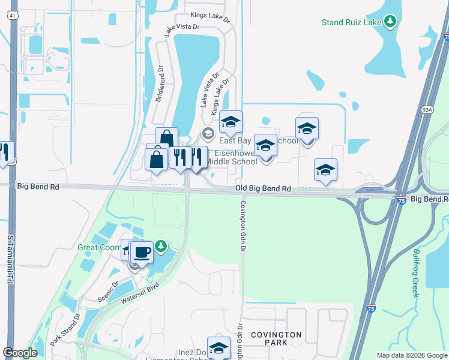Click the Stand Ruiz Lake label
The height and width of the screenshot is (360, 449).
tap(352, 23)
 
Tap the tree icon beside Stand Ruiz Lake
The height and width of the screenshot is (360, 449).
tap(391, 22)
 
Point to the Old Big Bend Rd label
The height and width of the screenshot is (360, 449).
tap(263, 188)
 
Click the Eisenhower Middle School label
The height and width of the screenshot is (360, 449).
tap(232, 157)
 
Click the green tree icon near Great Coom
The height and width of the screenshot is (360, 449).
tap(160, 246)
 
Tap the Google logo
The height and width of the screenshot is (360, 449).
tap(20, 353)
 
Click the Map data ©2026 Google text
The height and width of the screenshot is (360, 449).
tap(411, 355)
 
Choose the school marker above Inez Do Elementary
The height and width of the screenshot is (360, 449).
tap(219, 347)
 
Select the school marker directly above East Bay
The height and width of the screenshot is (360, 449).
tap(230, 122)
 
